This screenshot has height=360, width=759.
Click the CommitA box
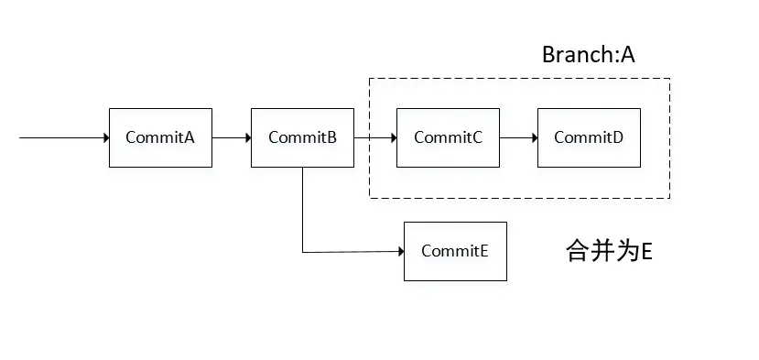(160, 137)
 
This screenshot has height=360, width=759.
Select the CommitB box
(302, 137)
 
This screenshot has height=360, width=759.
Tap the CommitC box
(448, 137)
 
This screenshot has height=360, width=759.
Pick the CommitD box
(589, 137)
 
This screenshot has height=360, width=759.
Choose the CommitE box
(455, 251)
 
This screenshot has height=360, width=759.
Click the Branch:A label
(588, 54)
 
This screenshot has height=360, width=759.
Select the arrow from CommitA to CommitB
(232, 137)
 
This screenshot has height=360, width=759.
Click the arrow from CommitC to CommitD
(519, 137)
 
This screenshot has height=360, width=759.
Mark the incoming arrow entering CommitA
(64, 137)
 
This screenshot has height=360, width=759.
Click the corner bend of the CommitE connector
(302, 251)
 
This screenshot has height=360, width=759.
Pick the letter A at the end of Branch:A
(627, 54)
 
